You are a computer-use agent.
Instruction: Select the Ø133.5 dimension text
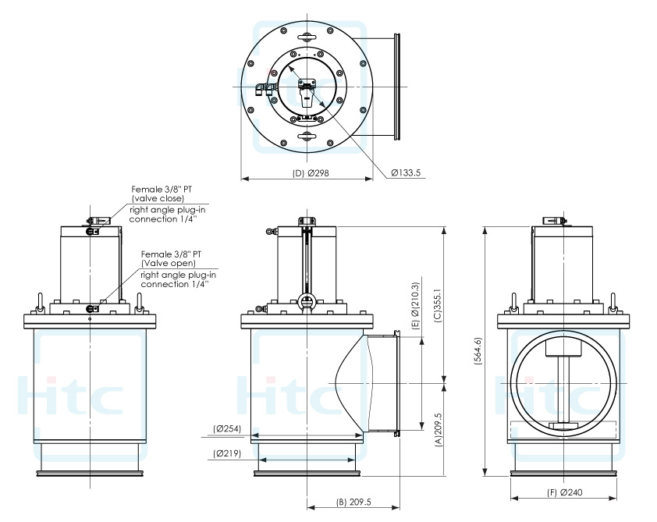tap(407, 173)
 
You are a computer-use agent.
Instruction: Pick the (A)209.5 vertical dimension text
tap(439, 428)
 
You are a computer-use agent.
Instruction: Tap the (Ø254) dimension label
tap(227, 428)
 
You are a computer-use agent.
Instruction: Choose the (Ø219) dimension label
tap(227, 453)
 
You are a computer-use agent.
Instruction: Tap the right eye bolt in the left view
tap(140, 300)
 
